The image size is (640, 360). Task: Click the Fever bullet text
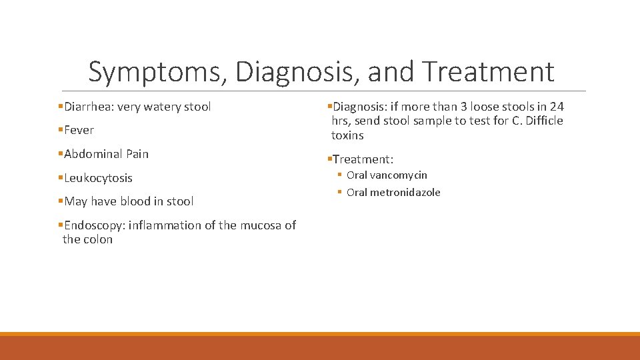pos(79,130)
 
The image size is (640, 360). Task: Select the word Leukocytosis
pos(98,178)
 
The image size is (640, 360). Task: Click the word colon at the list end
pos(98,239)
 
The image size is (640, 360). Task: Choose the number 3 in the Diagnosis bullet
pos(463,107)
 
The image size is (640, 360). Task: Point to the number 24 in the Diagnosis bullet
pos(557,107)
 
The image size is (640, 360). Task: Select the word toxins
pos(347,135)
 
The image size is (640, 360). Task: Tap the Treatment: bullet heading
pos(363,159)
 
